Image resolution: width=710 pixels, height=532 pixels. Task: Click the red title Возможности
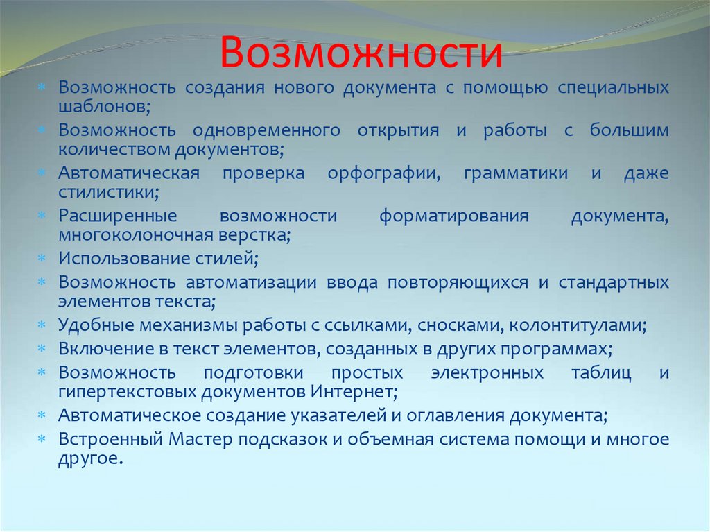pyautogui.click(x=361, y=53)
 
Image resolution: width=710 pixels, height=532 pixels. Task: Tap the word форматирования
pyautogui.click(x=454, y=216)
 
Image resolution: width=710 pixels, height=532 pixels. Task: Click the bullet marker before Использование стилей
pyautogui.click(x=42, y=259)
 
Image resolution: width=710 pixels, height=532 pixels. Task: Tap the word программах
pyautogui.click(x=557, y=349)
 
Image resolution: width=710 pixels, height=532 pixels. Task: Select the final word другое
pyautogui.click(x=89, y=458)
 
